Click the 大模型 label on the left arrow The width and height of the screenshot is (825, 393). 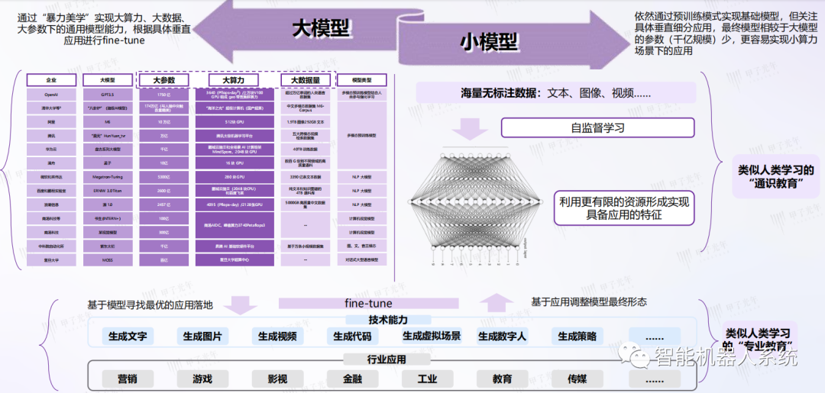click(321, 28)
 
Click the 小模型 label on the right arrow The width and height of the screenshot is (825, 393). click(488, 43)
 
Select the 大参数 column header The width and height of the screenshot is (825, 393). click(163, 80)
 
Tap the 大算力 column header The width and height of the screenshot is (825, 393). click(234, 80)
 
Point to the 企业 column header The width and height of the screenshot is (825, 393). click(51, 80)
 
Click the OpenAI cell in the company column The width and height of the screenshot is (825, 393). click(51, 95)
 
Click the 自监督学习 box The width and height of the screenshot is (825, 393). click(597, 127)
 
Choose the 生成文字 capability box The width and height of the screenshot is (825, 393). click(128, 336)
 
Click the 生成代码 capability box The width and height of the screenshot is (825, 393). click(352, 336)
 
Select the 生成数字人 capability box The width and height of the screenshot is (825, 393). click(502, 336)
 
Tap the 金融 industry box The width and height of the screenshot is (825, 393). click(352, 379)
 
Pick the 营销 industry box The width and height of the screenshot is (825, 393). click(128, 379)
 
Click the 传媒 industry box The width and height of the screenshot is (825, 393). click(577, 379)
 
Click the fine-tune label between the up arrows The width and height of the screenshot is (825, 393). click(368, 303)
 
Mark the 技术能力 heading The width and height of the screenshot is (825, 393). click(387, 320)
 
